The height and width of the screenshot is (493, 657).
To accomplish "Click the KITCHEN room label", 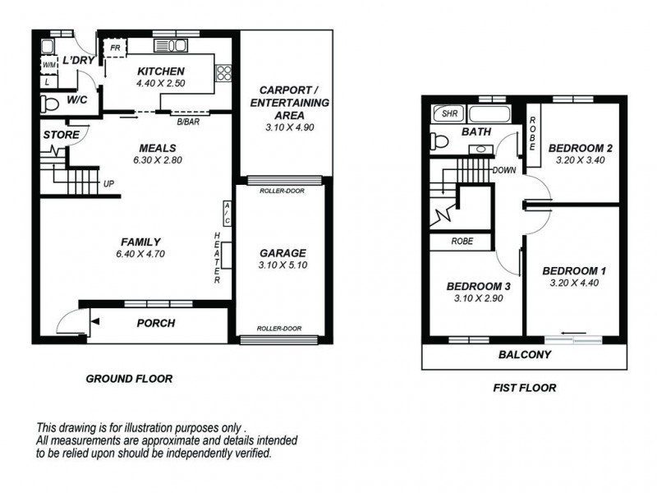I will pyautogui.click(x=160, y=71).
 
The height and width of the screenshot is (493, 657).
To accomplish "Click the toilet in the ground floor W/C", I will pyautogui.click(x=50, y=104).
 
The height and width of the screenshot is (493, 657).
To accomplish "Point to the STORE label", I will pyautogui.click(x=61, y=135).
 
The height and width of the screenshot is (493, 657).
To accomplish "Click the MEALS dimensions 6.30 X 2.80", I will pyautogui.click(x=160, y=160).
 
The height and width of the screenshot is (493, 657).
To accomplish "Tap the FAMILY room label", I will pyautogui.click(x=140, y=242).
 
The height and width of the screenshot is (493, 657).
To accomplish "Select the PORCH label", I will pyautogui.click(x=156, y=323).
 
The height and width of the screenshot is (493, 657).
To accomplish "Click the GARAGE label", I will pyautogui.click(x=283, y=253).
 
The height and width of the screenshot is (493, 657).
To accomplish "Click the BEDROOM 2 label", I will pyautogui.click(x=581, y=148).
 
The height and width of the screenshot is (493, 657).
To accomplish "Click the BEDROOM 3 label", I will pyautogui.click(x=479, y=287).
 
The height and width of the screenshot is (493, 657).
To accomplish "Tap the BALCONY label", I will pyautogui.click(x=524, y=355).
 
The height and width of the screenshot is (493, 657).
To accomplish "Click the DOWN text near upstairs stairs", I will pyautogui.click(x=503, y=170).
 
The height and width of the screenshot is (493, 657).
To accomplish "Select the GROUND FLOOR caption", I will pyautogui.click(x=129, y=379).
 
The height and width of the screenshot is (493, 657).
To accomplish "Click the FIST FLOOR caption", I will pyautogui.click(x=524, y=388).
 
